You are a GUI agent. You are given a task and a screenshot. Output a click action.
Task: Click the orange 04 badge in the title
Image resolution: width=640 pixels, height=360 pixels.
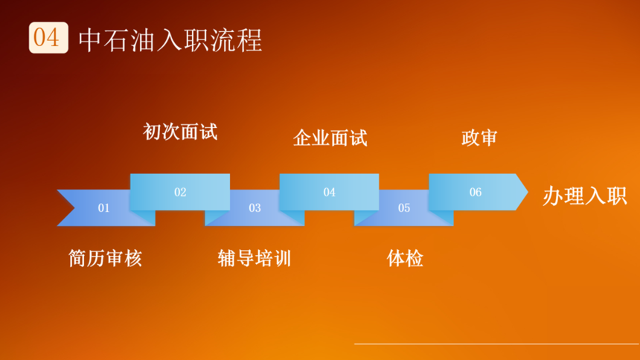[x=48, y=37]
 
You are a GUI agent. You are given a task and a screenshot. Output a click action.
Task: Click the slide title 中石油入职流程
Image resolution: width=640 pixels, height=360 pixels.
[x=170, y=40]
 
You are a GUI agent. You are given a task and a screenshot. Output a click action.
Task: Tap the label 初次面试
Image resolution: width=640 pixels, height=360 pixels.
[x=180, y=132]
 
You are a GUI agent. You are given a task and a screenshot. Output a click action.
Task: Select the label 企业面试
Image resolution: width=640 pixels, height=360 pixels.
[x=330, y=138]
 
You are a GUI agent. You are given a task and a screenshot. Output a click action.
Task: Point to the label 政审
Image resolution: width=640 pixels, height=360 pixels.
[x=479, y=138]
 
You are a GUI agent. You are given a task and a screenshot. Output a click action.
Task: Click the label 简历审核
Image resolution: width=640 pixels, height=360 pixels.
[x=106, y=258]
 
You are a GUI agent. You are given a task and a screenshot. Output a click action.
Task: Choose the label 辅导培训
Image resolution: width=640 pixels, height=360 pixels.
[x=255, y=258]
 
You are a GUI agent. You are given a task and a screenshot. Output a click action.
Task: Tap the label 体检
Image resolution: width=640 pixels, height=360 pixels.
[x=405, y=258]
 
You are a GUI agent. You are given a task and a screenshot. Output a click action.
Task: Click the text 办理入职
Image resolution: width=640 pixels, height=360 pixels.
[x=584, y=196]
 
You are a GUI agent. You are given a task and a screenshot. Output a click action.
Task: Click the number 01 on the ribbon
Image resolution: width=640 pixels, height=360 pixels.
[x=103, y=208]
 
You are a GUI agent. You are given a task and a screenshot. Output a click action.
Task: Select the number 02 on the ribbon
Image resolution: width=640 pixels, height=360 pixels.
[x=180, y=192]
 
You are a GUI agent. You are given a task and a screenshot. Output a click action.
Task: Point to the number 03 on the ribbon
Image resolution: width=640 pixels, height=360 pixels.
[x=255, y=208]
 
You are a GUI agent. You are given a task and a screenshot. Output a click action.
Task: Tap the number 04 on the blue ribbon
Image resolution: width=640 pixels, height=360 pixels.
[x=330, y=192]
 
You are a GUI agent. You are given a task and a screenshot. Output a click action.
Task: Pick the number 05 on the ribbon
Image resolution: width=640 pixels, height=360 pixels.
[x=404, y=208]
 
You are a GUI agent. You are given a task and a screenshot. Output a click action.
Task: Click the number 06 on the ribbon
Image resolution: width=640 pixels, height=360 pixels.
[x=476, y=192]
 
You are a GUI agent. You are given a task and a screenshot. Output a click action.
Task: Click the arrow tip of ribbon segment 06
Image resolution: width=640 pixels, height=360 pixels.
[x=528, y=192]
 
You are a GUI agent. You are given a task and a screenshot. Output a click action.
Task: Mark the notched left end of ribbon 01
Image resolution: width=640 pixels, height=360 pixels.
[x=74, y=208]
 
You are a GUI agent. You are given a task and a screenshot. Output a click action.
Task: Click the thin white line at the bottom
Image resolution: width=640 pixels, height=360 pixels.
[x=496, y=344]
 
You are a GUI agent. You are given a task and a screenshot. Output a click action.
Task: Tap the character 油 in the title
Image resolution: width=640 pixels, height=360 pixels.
[x=144, y=40]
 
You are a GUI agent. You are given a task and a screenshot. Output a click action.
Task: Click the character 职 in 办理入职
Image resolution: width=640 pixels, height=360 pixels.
[x=616, y=196]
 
